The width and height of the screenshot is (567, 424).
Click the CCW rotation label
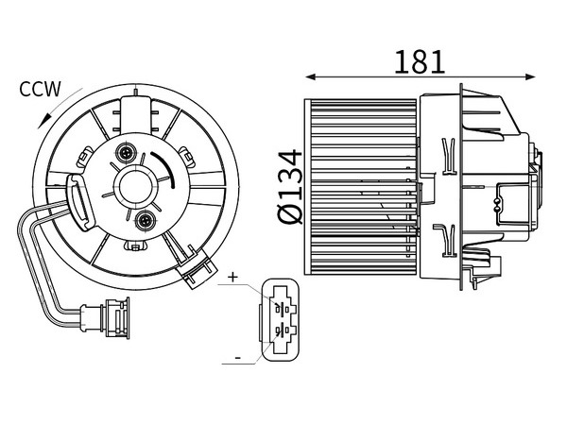pos(40,89)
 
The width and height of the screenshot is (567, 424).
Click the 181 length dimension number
pos(419,62)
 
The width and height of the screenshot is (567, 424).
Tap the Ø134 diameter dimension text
pos(290,187)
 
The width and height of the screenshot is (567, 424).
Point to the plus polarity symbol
pos(233,278)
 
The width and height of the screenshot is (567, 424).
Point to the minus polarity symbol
pos(238,358)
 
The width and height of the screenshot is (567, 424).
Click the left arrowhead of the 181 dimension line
pos(311,76)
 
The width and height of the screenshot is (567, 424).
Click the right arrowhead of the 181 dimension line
pos(530,76)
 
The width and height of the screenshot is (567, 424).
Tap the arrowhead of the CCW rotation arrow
pos(43,120)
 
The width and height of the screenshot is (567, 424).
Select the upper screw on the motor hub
pos(126,153)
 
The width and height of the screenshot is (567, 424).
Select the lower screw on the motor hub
pos(146,220)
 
